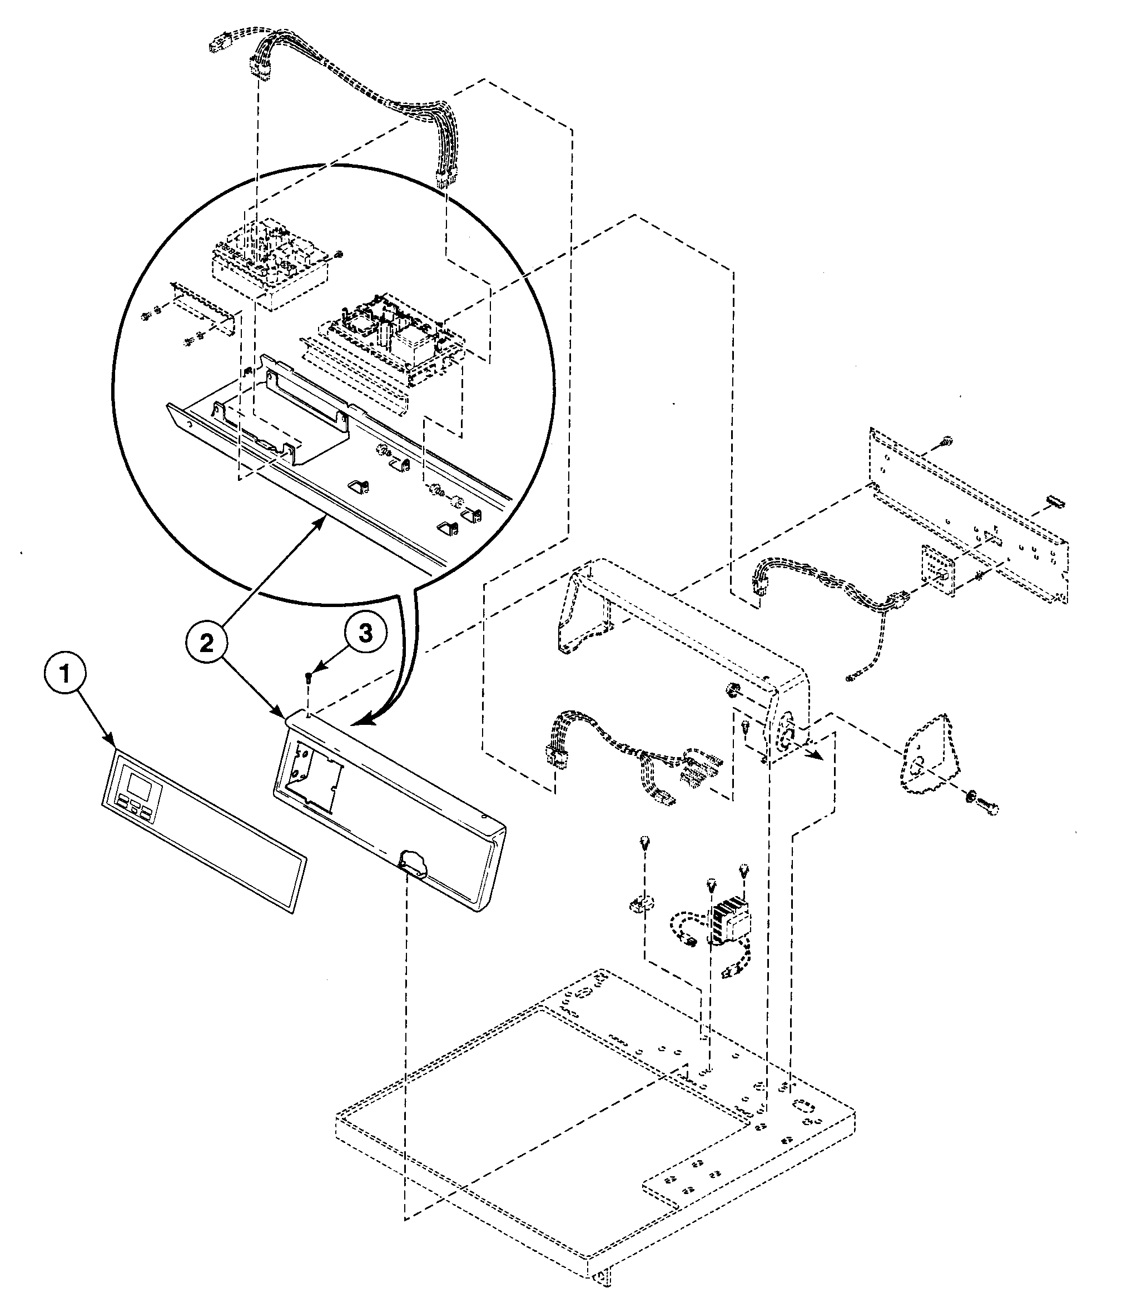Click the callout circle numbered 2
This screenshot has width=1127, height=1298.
[x=207, y=641]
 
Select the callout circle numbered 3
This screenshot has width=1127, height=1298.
[x=365, y=633]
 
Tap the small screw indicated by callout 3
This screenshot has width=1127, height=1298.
[x=308, y=677]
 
